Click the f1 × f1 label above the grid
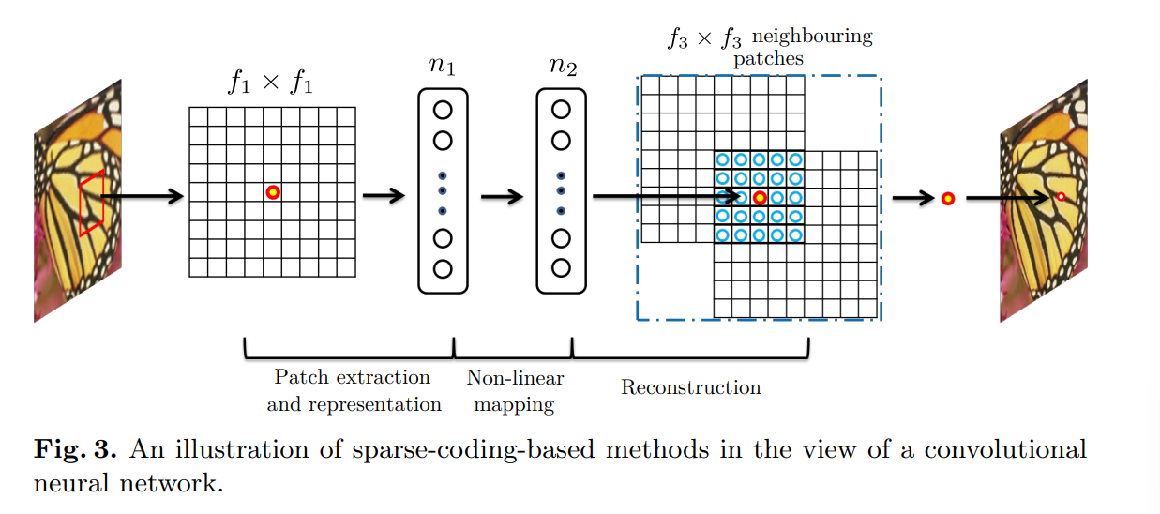click(x=271, y=83)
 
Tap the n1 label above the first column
click(x=442, y=68)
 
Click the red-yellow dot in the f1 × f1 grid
click(x=272, y=192)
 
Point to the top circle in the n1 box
click(x=443, y=110)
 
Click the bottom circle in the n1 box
click(x=443, y=268)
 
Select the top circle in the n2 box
click(x=561, y=110)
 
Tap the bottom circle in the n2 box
click(x=561, y=268)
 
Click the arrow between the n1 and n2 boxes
click(x=502, y=197)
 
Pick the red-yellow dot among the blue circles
click(x=760, y=198)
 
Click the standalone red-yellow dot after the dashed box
click(x=947, y=198)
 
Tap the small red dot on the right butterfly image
click(x=1061, y=197)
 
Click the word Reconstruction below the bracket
click(x=691, y=387)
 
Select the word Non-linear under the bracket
click(x=515, y=378)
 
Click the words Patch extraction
click(x=352, y=377)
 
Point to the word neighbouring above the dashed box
click(x=812, y=38)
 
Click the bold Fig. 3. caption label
click(x=76, y=450)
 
